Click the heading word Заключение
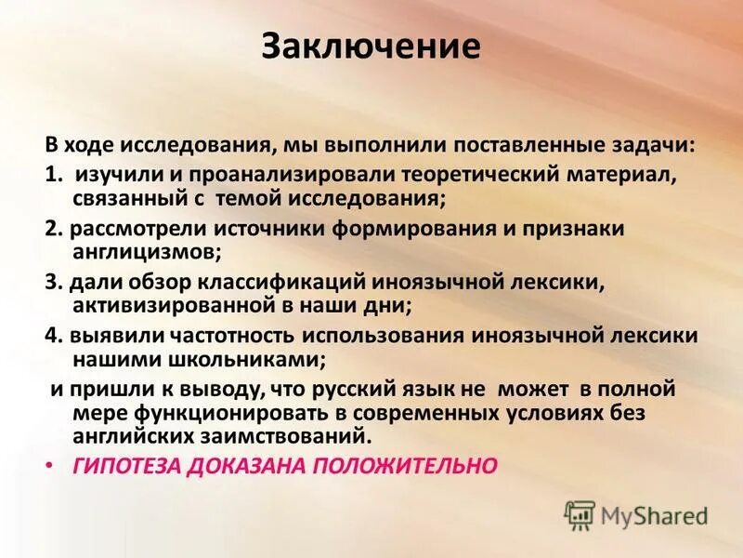pyautogui.click(x=371, y=46)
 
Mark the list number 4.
pyautogui.click(x=52, y=335)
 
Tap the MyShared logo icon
pyautogui.click(x=580, y=514)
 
